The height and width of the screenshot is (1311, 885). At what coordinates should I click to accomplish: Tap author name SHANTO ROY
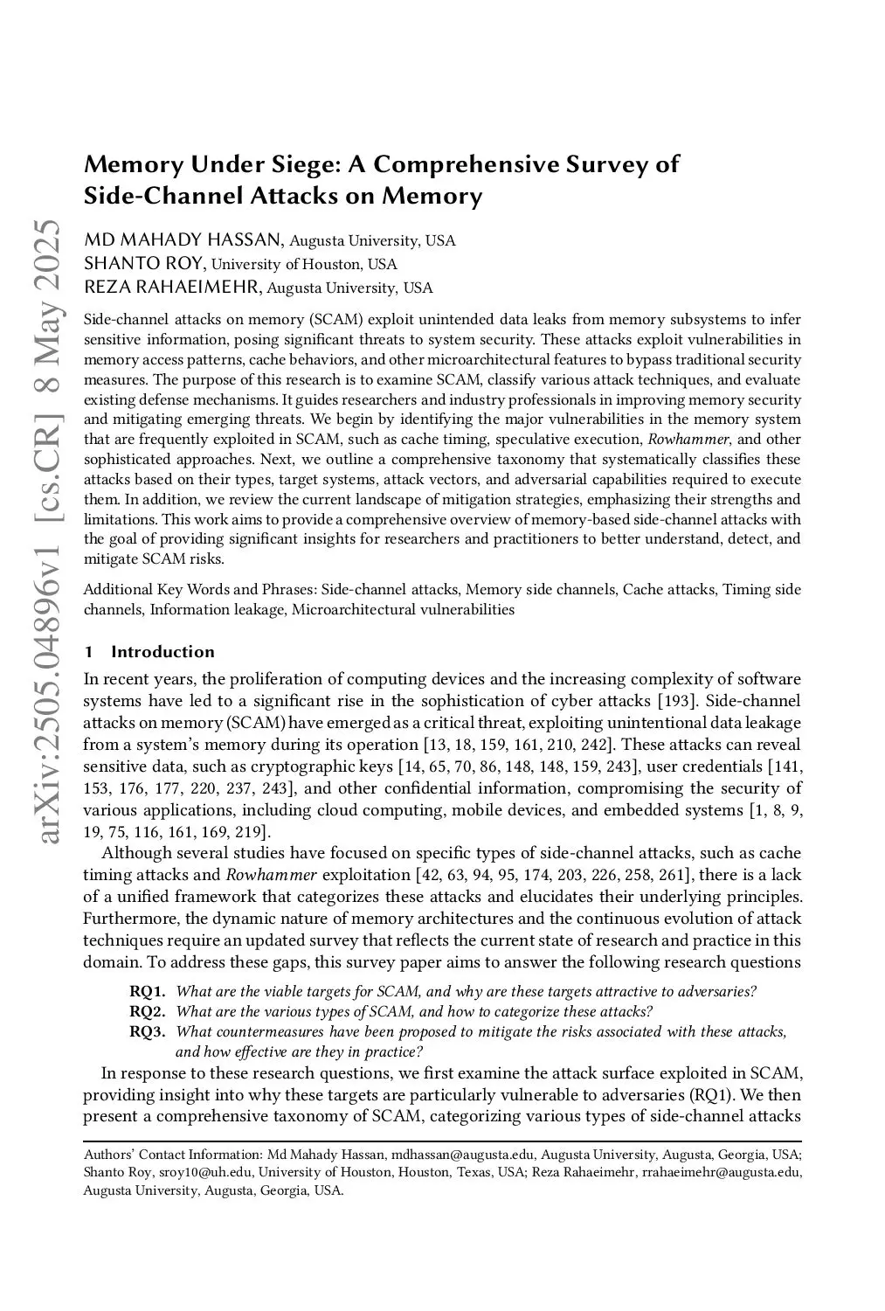144,264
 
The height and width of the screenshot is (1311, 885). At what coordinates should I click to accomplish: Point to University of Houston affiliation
304,265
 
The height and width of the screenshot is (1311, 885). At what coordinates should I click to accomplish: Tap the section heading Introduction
162,652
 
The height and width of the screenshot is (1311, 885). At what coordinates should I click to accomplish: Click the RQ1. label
148,991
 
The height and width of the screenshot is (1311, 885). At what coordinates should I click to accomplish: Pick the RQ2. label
148,1012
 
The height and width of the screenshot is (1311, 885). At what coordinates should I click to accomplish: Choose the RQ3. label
148,1032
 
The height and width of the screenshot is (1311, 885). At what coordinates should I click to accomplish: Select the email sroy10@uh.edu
204,1172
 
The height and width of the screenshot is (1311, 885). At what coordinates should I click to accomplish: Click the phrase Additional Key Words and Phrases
199,590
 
